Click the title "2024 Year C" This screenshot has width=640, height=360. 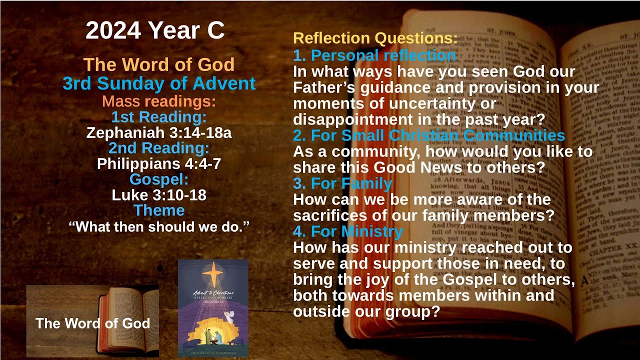[x=155, y=31]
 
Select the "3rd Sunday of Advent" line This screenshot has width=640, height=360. [x=159, y=83]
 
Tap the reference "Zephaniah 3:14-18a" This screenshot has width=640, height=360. [x=159, y=132]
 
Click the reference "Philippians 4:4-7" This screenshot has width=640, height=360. [x=159, y=163]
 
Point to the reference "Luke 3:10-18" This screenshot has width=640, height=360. [x=159, y=194]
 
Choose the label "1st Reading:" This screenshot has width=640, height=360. [x=159, y=117]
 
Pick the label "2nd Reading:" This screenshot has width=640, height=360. [x=159, y=148]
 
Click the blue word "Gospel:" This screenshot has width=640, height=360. [x=159, y=179]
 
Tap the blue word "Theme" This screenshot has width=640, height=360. [x=159, y=210]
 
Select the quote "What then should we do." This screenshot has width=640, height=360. [x=159, y=226]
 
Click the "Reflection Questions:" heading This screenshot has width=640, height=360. [x=375, y=38]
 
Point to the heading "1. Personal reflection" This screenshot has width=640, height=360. [x=374, y=55]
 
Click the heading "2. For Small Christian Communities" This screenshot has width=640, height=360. [x=429, y=135]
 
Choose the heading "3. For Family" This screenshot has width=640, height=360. [x=342, y=183]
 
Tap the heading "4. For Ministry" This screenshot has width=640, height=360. [x=348, y=231]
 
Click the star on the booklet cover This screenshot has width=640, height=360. [x=213, y=273]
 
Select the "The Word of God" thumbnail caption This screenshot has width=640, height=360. [x=93, y=323]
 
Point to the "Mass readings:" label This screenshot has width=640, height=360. [x=159, y=101]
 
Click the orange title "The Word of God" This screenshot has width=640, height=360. [x=159, y=64]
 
